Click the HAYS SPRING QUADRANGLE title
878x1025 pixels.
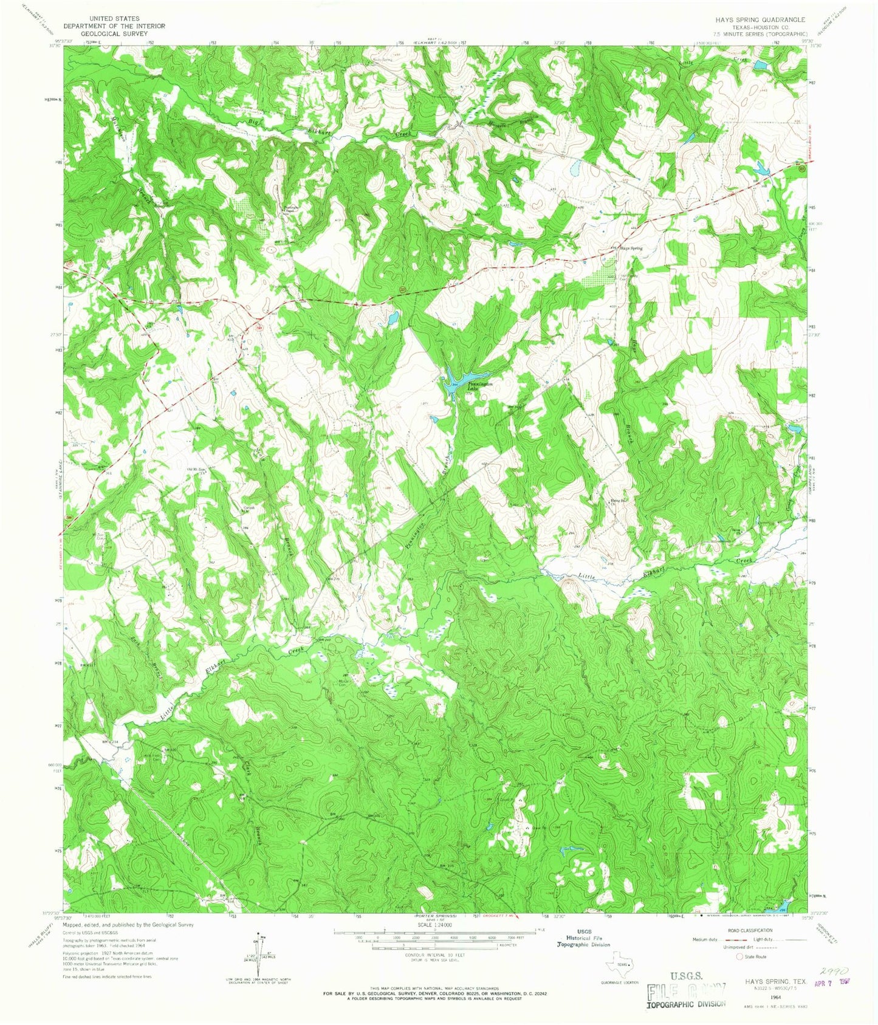click(760, 19)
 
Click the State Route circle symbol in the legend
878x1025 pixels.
click(739, 956)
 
